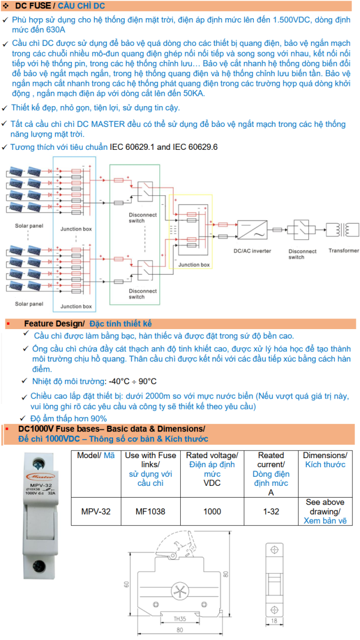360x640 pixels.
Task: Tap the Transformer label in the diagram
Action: pos(343,251)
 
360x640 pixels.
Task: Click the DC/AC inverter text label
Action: pos(252,251)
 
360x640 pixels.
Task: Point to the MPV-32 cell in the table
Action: pos(96,511)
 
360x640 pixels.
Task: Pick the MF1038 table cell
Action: pos(151,511)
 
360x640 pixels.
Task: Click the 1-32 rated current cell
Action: pos(271,511)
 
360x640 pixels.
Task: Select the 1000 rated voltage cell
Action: pos(212,511)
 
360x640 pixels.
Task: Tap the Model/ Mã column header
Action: pos(96,455)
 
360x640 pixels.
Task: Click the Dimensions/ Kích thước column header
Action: pos(325,460)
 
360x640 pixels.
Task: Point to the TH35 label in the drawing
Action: pos(180,619)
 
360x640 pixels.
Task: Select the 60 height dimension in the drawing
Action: pos(126,584)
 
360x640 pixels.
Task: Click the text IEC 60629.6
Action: pos(195,147)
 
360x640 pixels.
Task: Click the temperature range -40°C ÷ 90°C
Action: pos(132,381)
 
